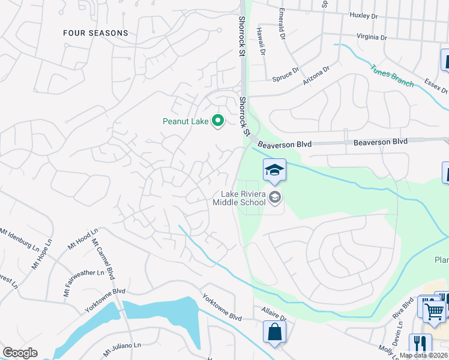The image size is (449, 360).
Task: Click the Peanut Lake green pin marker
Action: tap(218, 121)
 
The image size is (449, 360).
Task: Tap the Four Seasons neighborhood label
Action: tap(95, 34)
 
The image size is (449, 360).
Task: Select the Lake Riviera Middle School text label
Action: tap(243, 198)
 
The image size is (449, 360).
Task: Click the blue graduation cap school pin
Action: tap(274, 170)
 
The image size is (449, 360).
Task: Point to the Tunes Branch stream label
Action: tap(391, 76)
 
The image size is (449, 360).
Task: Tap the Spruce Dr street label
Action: tap(285, 76)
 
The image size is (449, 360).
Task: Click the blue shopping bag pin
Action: tap(274, 332)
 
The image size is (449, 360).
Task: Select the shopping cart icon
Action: tap(435, 310)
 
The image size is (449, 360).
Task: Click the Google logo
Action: tap(20, 353)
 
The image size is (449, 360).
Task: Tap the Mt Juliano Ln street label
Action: tap(122, 347)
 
